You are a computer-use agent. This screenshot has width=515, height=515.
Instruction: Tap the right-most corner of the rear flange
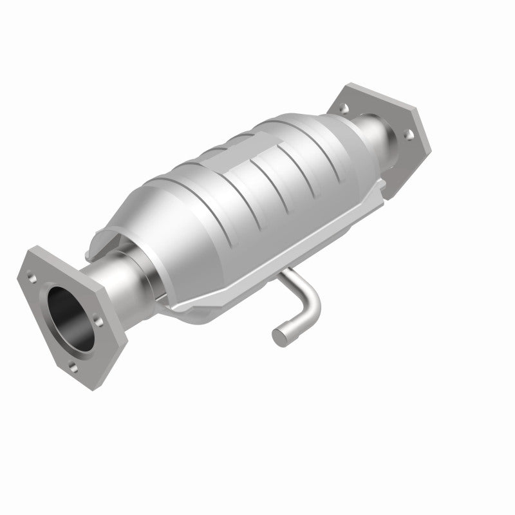tap(430, 136)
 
